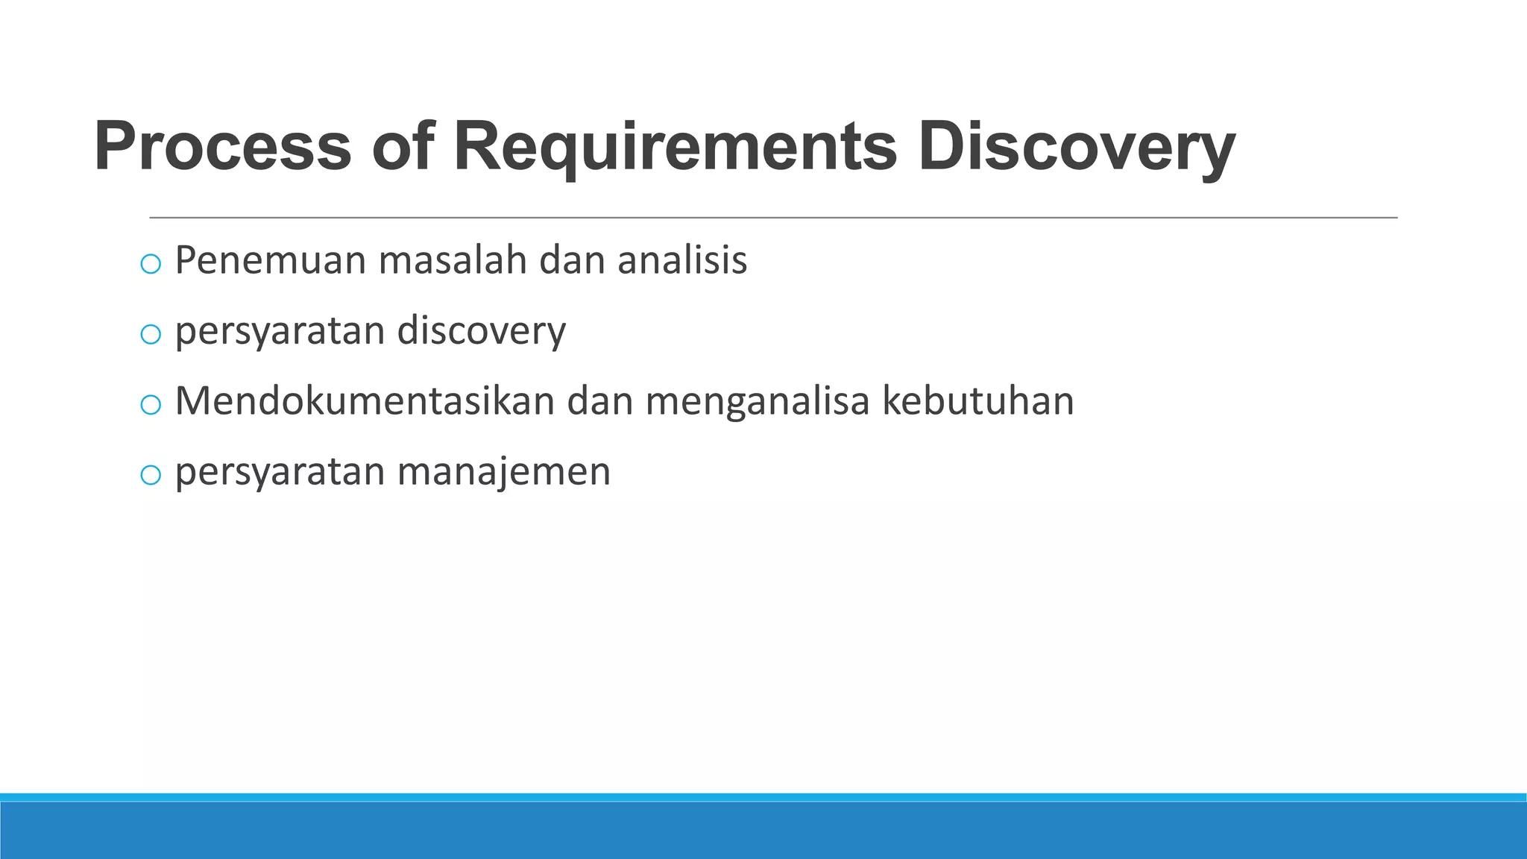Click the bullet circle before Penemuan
click(x=151, y=263)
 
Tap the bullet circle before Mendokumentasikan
click(x=151, y=404)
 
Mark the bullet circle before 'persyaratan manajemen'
click(x=151, y=474)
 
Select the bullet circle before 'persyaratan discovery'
click(x=151, y=334)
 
